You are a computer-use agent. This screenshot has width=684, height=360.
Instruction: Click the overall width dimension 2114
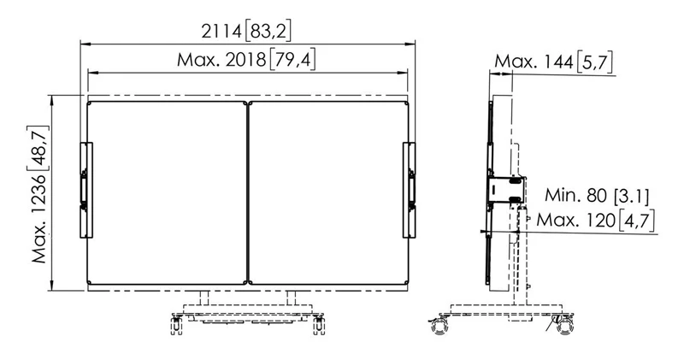221,32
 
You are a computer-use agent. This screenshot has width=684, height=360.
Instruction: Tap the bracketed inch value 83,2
268,32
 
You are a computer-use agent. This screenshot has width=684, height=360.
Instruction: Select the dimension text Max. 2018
221,60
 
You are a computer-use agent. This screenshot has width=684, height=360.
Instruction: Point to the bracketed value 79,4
292,60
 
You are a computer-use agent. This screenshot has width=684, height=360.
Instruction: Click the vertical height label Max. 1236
39,218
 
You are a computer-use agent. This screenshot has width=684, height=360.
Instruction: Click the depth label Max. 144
534,62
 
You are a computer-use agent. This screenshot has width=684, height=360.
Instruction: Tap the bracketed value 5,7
594,62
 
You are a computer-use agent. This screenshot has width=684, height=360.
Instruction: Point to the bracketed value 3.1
631,196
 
